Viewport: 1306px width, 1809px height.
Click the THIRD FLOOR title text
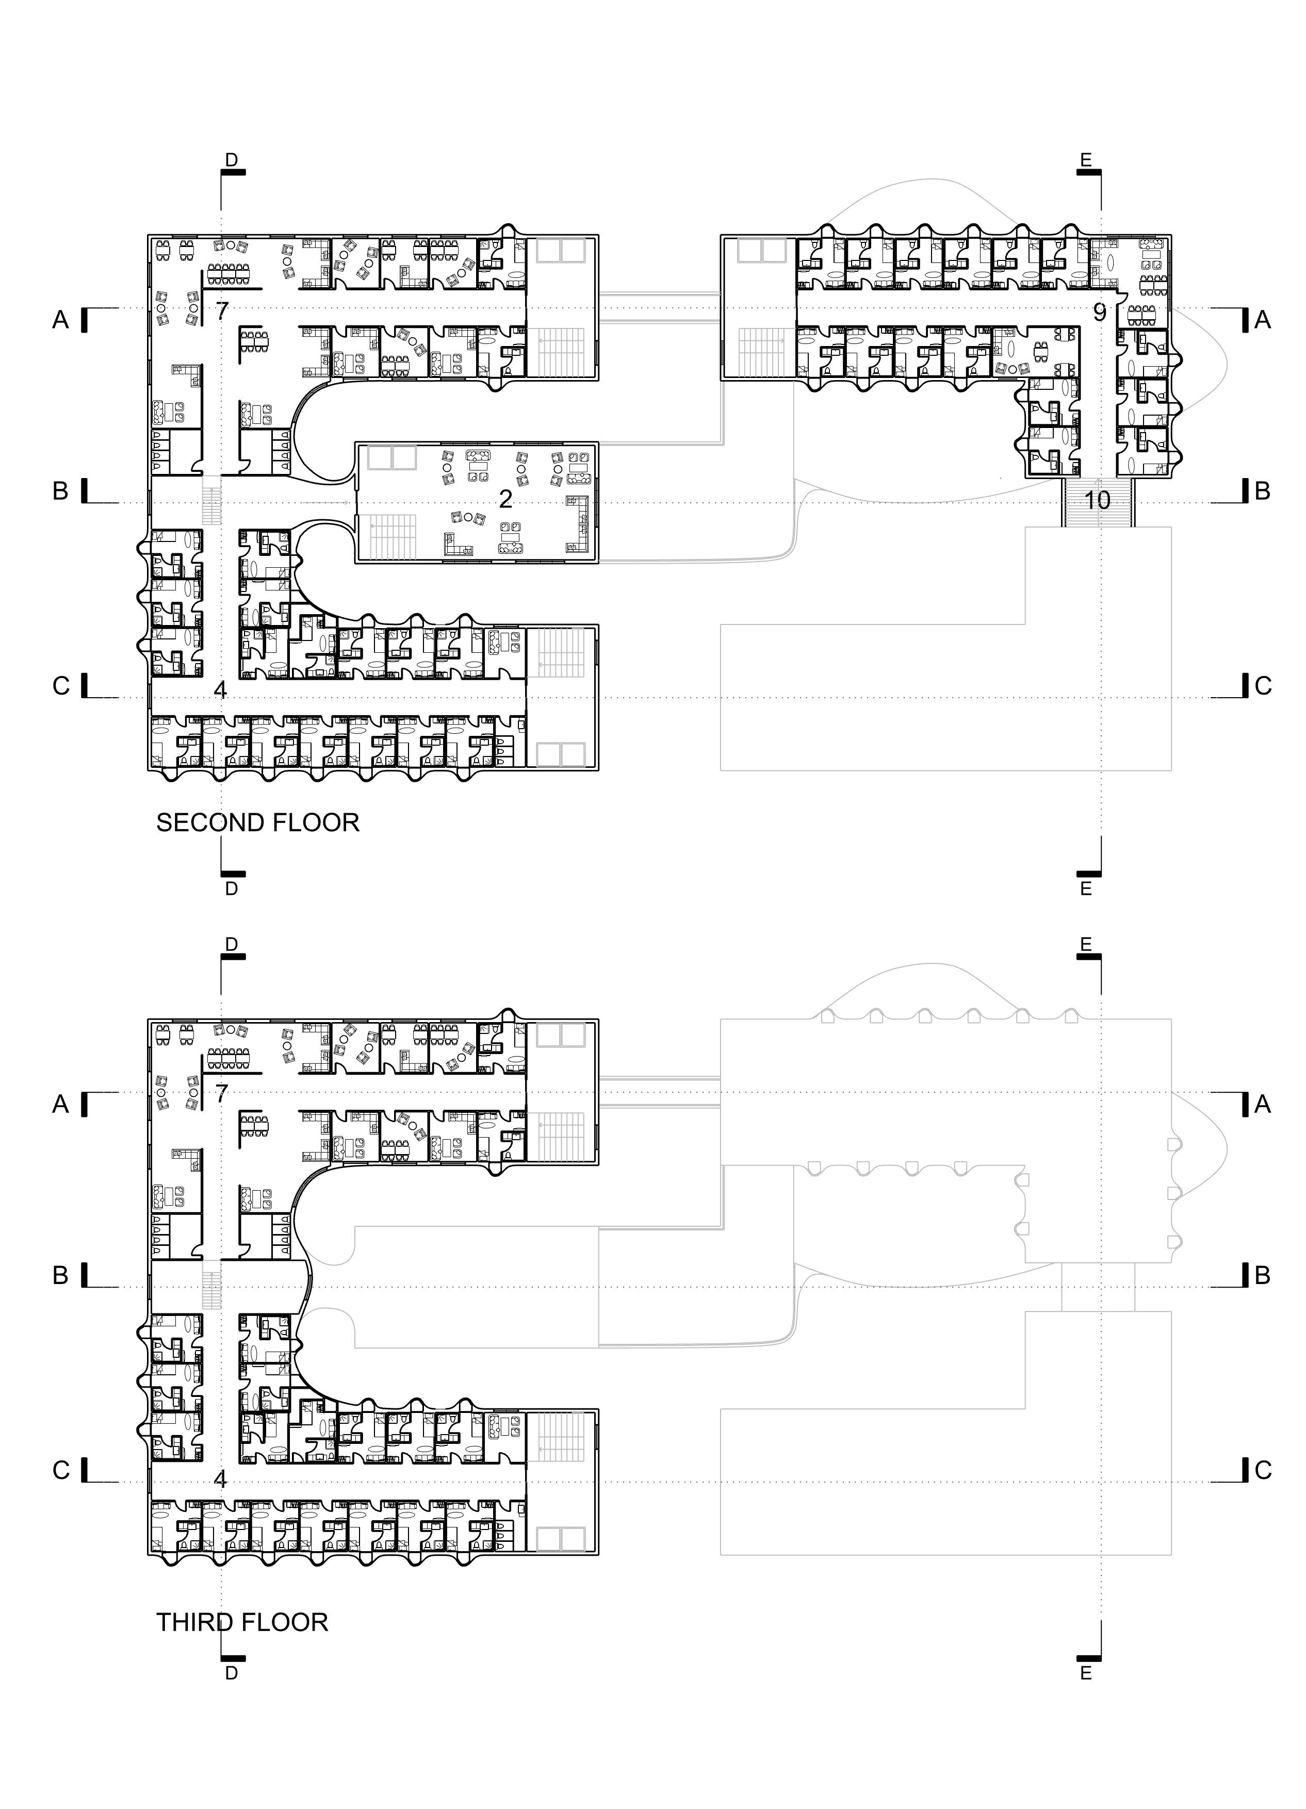coord(242,1622)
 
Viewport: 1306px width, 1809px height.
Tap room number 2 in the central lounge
coord(505,499)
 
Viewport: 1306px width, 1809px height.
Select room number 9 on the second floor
coord(1099,313)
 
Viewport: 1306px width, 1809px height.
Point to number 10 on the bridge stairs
coord(1098,500)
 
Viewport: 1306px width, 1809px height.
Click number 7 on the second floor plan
coord(222,310)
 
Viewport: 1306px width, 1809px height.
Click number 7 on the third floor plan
coord(222,1094)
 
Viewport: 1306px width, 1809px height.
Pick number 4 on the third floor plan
coord(220,1479)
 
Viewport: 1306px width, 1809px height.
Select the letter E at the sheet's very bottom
coord(1085,1673)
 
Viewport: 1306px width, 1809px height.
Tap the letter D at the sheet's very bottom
coord(232,1673)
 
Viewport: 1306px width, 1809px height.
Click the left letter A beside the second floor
coord(61,320)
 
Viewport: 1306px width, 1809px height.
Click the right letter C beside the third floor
coord(1262,1470)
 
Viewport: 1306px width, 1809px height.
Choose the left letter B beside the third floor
coord(61,1275)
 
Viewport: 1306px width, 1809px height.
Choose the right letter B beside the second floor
coord(1262,491)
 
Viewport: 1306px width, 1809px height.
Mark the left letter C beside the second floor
coord(61,686)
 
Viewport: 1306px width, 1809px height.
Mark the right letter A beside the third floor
coord(1262,1104)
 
